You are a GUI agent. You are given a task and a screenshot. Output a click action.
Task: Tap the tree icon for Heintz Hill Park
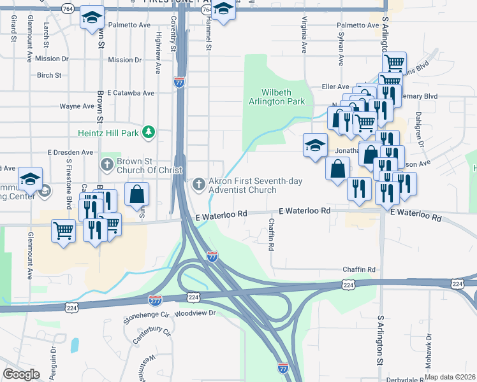pos(149,132)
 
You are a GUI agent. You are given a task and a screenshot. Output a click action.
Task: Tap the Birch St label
pos(49,75)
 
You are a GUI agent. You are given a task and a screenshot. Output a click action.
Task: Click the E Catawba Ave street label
pos(131,93)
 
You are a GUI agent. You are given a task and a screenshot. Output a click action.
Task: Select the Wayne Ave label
pos(73,106)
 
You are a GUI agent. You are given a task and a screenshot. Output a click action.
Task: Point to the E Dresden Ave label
pos(70,153)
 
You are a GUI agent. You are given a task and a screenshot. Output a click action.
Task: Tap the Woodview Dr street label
pos(196,313)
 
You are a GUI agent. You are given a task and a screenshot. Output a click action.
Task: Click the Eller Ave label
pos(336,86)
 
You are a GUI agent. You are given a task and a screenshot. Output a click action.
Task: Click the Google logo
pos(21,374)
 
